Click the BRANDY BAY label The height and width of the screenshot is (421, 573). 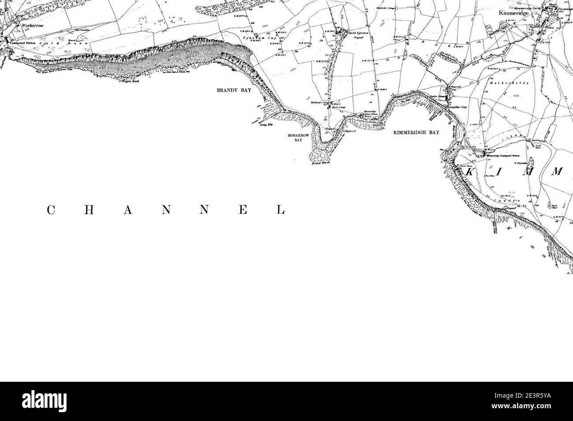click(231, 90)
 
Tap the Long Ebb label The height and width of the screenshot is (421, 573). click(264, 125)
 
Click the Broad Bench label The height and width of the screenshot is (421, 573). click(320, 163)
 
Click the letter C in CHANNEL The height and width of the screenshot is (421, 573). click(50, 210)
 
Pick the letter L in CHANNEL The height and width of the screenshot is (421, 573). click(280, 210)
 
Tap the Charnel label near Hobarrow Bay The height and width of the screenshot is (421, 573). click(350, 131)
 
